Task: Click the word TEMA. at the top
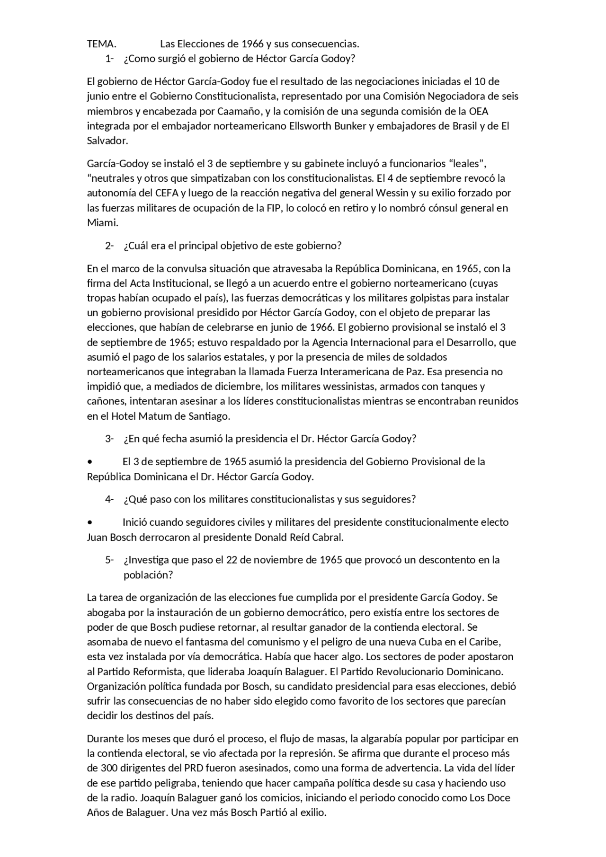tap(101, 44)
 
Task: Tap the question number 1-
tap(109, 59)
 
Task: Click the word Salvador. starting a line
tap(107, 141)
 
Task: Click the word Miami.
tap(102, 222)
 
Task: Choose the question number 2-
tap(109, 246)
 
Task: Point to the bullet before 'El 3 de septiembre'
tap(89, 462)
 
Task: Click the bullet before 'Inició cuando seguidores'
tap(89, 523)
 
